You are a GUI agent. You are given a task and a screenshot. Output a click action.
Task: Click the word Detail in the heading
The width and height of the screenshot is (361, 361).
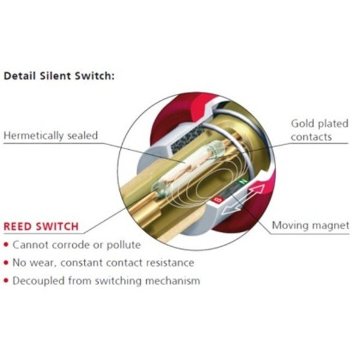pyautogui.click(x=18, y=77)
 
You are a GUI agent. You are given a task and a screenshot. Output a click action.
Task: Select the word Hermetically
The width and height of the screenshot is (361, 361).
pyautogui.click(x=34, y=135)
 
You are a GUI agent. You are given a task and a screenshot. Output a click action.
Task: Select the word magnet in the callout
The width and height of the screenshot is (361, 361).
pyautogui.click(x=330, y=226)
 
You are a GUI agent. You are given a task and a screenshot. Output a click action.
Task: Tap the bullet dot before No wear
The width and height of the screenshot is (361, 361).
pyautogui.click(x=6, y=263)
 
